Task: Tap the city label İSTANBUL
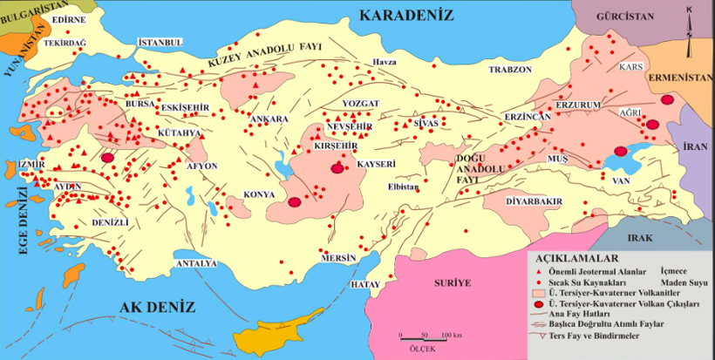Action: pyautogui.click(x=160, y=43)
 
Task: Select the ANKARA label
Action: pyautogui.click(x=269, y=119)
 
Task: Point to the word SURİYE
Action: pyautogui.click(x=453, y=283)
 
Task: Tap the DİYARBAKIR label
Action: pyautogui.click(x=533, y=200)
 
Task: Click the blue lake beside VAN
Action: pyautogui.click(x=623, y=159)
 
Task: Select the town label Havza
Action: pyautogui.click(x=385, y=61)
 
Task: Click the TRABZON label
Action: pyautogui.click(x=509, y=69)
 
